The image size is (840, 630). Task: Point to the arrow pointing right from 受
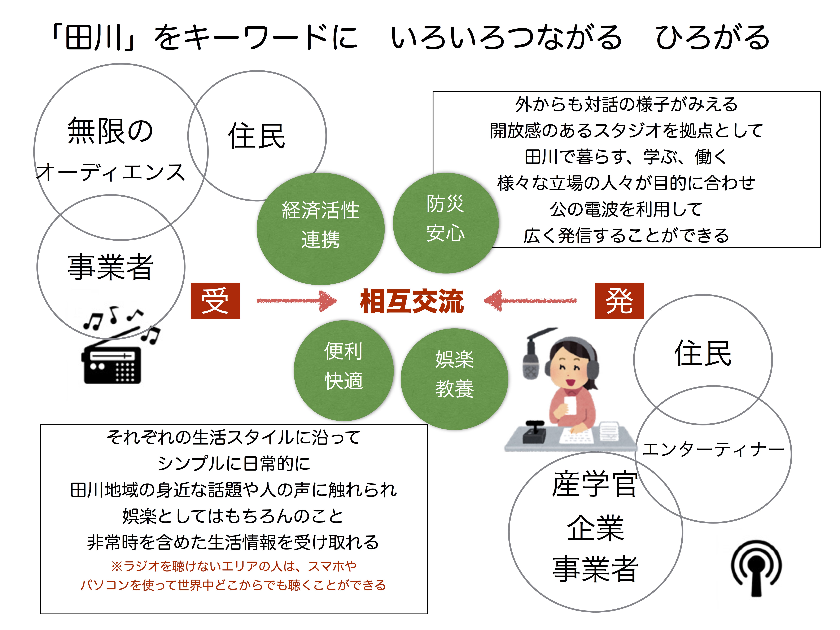(296, 301)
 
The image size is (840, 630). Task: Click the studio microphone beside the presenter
(531, 361)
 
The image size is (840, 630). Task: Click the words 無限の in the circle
(110, 131)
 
